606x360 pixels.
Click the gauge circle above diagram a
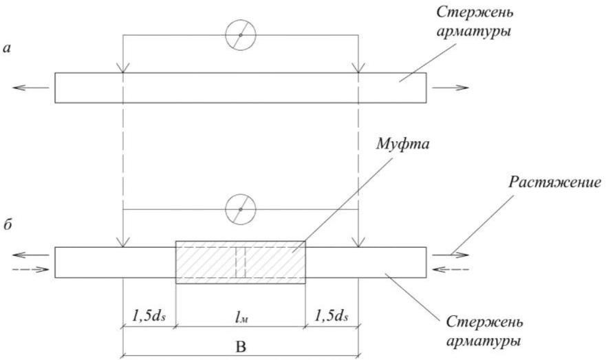click(x=240, y=35)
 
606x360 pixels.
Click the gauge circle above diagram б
click(x=240, y=209)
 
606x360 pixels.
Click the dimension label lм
click(x=239, y=319)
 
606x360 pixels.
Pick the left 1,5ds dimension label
click(x=147, y=319)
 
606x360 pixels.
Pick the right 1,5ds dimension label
click(x=332, y=319)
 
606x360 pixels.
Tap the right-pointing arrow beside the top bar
click(x=451, y=87)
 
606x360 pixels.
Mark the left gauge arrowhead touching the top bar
click(x=122, y=68)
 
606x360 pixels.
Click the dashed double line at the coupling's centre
click(x=240, y=262)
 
